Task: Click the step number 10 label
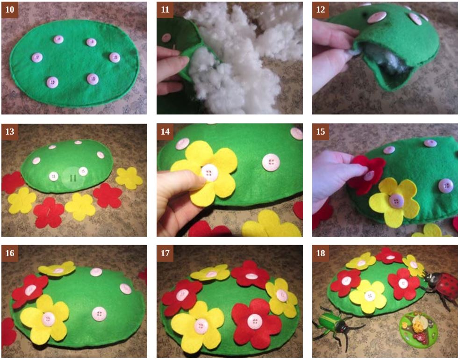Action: point(10,10)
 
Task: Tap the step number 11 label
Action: point(165,10)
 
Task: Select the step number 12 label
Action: point(321,10)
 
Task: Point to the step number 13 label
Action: point(10,131)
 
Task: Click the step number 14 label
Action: point(165,131)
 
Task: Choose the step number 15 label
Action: point(321,131)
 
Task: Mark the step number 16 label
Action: point(10,253)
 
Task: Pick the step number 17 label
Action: point(165,253)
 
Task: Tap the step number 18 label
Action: point(321,253)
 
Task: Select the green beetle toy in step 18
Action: point(338,326)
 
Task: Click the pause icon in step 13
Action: point(73,178)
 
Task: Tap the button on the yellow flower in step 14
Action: point(209,173)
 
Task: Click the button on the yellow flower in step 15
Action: point(396,201)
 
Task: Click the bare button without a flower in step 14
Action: point(271,162)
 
